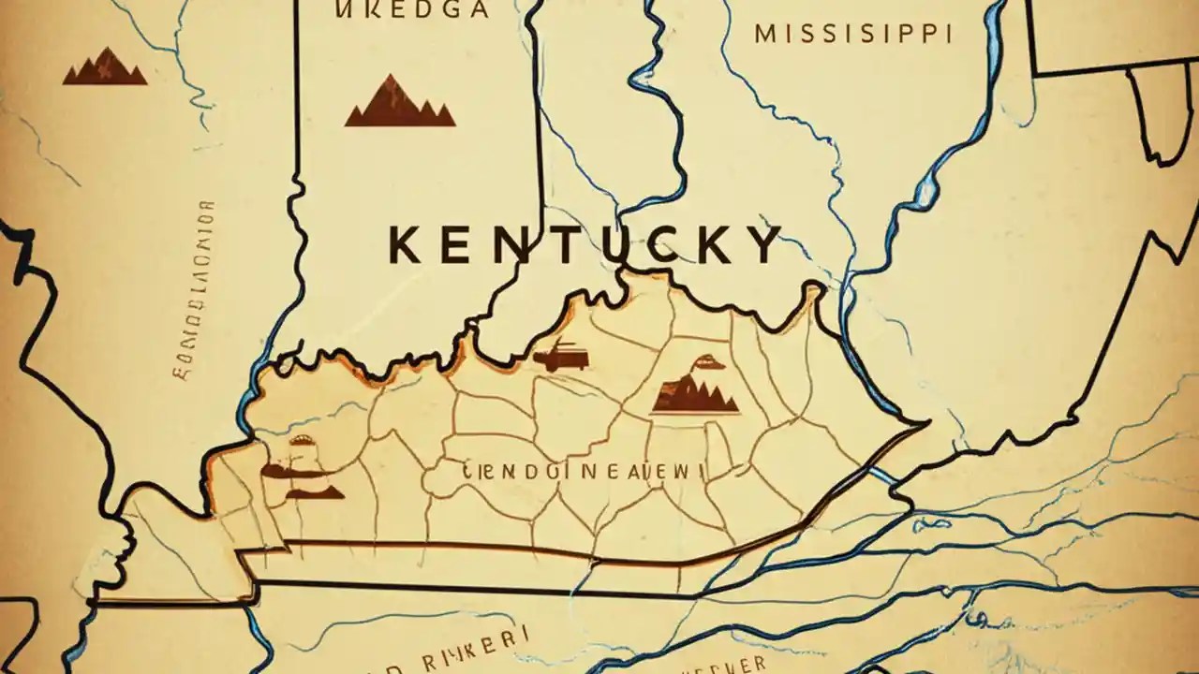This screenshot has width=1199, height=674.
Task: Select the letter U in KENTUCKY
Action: pos(617,244)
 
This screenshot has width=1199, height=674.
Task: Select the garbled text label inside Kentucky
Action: pos(583,472)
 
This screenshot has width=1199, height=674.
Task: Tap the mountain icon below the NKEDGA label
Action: pos(399,102)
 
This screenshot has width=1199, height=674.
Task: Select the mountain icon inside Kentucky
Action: pos(694,396)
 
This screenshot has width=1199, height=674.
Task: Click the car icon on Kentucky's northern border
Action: pos(561,356)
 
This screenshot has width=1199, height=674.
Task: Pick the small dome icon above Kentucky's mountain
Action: pos(704,362)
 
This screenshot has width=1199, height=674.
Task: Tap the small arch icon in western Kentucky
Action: pos(303,440)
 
